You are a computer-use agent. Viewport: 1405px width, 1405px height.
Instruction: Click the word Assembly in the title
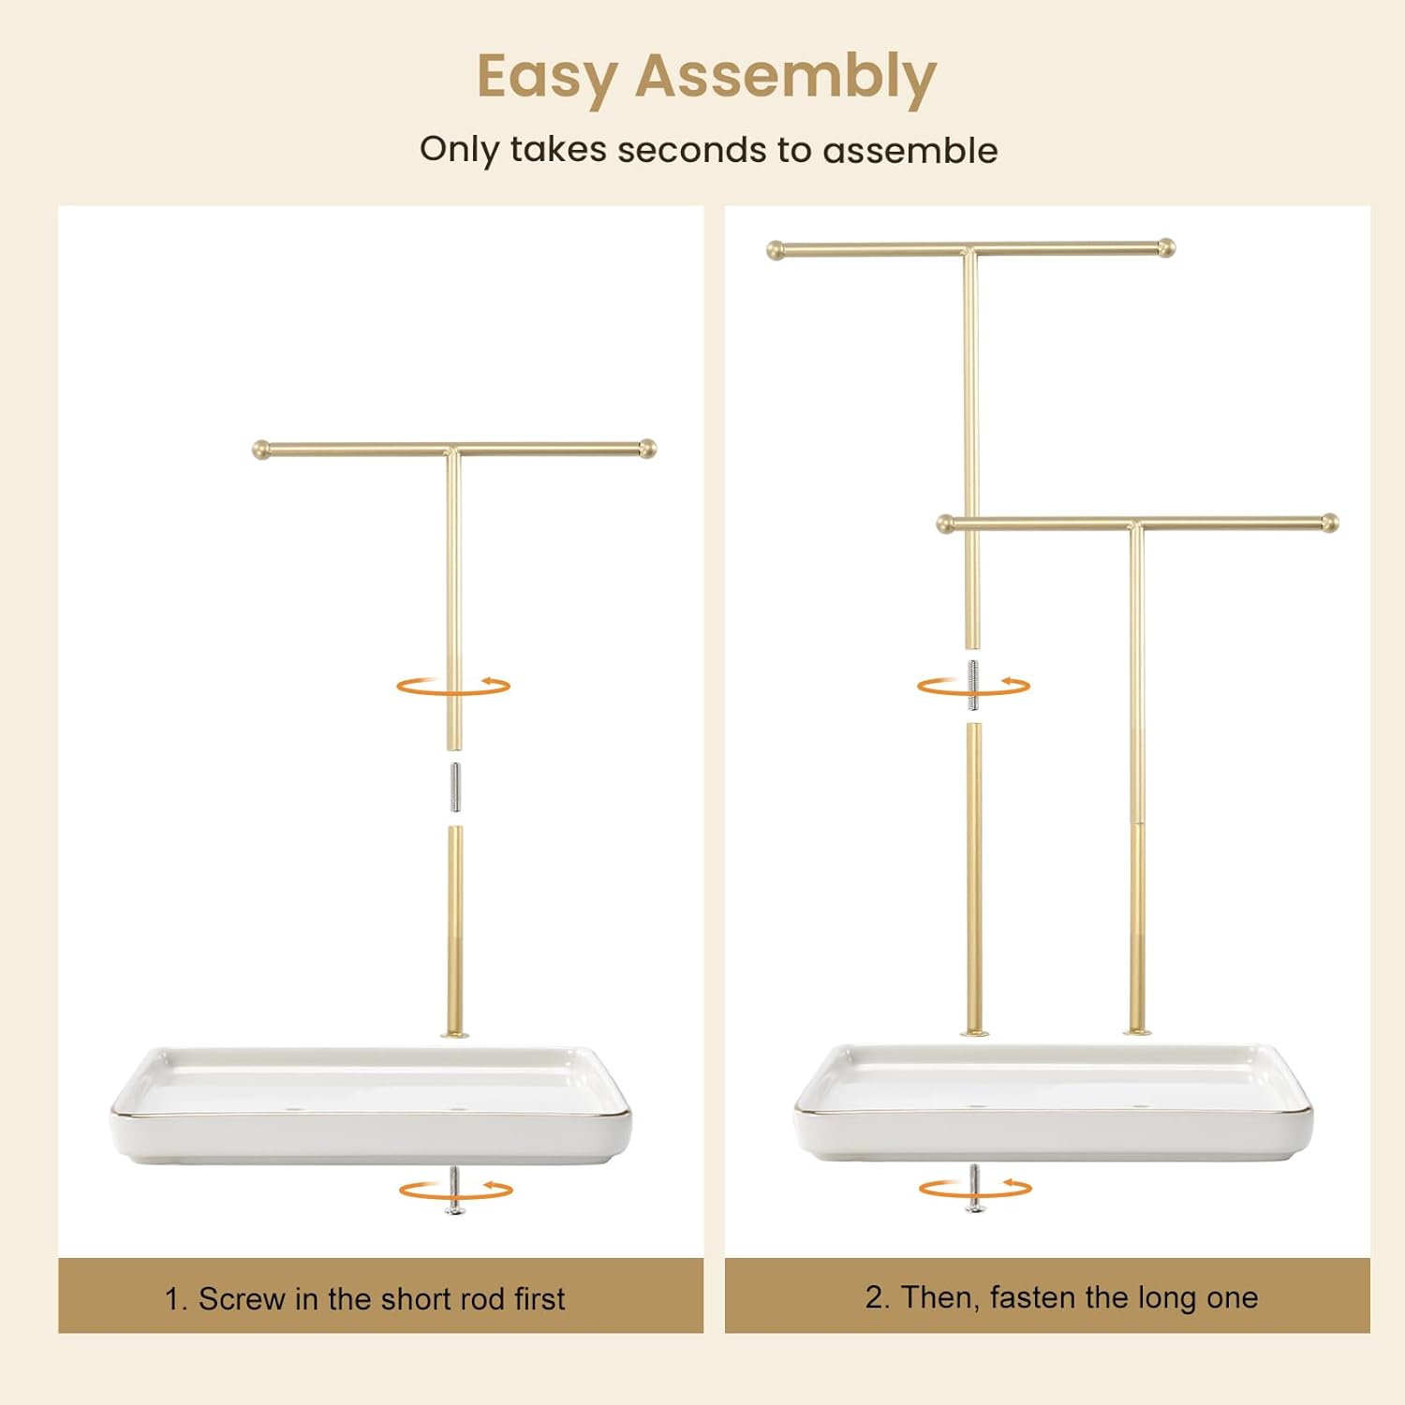[786, 77]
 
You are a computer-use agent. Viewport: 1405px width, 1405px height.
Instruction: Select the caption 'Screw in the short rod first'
[381, 1299]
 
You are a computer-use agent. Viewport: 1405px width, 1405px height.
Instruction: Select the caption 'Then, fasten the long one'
[1079, 1297]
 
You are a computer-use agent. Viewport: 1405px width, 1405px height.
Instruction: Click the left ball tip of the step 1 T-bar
[261, 450]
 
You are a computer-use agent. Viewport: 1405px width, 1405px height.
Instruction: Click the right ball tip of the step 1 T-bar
[647, 449]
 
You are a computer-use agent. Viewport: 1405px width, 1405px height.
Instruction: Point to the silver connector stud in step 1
[454, 788]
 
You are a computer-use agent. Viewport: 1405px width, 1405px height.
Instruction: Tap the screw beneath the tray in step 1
[454, 1191]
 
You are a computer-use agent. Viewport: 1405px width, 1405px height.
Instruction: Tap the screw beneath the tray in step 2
[975, 1189]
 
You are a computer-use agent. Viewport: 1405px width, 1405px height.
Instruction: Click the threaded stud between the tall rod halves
[973, 685]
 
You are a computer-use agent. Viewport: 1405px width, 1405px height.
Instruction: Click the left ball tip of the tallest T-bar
[776, 250]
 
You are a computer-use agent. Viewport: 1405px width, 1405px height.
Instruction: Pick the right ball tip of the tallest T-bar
[1166, 248]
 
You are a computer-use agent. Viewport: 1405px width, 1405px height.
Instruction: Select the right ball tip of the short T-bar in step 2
[1330, 523]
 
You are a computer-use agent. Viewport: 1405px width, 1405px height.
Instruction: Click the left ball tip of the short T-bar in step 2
[946, 524]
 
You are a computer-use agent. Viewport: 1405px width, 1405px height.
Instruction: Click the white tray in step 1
[370, 1105]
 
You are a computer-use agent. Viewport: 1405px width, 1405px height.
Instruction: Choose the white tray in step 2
[1054, 1102]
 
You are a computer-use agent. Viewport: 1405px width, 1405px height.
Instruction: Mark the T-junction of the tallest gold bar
[970, 251]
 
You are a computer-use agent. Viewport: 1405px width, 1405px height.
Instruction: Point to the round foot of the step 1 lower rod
[455, 1034]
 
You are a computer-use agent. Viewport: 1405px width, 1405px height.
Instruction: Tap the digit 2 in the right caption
[874, 1297]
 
